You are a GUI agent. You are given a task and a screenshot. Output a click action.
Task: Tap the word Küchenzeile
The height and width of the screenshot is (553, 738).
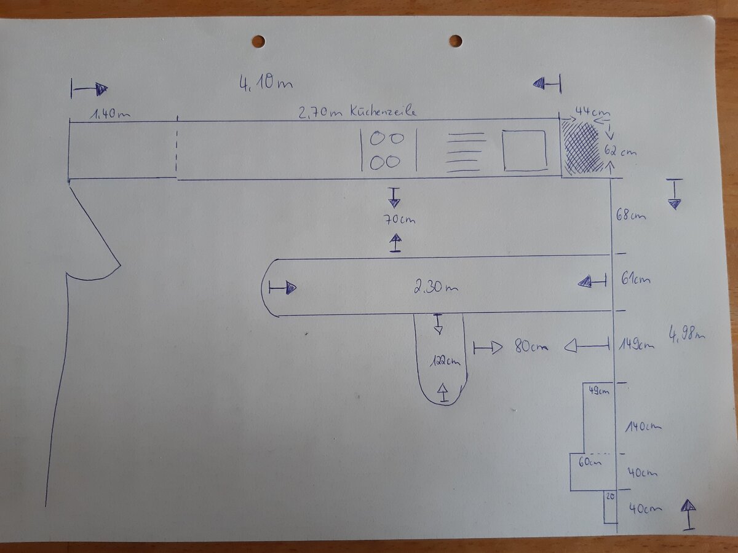pyautogui.click(x=383, y=111)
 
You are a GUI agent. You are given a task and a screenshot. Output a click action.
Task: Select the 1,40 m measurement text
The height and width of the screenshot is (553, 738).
pyautogui.click(x=110, y=114)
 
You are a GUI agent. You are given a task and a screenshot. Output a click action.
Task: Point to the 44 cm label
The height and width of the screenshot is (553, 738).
pyautogui.click(x=592, y=111)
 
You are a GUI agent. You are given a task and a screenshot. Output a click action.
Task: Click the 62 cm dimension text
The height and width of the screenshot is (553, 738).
pyautogui.click(x=621, y=151)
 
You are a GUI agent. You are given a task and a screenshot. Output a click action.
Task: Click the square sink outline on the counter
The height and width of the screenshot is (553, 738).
pyautogui.click(x=525, y=151)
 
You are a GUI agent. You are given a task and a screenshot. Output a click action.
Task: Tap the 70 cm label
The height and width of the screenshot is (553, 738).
pyautogui.click(x=399, y=219)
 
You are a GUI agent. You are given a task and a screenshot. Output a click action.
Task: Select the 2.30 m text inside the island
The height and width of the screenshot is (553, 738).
pyautogui.click(x=435, y=288)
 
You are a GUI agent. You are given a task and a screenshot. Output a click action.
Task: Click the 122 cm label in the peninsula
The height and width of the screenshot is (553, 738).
pyautogui.click(x=445, y=361)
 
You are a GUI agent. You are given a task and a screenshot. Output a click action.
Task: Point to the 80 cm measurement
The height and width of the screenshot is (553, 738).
pyautogui.click(x=531, y=346)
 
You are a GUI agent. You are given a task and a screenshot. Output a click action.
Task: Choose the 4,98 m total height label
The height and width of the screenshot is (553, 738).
pyautogui.click(x=686, y=334)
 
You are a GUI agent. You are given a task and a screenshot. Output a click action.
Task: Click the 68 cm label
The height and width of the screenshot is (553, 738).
pyautogui.click(x=630, y=214)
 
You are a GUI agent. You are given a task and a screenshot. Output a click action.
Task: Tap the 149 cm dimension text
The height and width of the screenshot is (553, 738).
pyautogui.click(x=637, y=345)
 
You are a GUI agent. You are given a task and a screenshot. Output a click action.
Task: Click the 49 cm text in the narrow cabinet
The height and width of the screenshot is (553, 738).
pyautogui.click(x=599, y=391)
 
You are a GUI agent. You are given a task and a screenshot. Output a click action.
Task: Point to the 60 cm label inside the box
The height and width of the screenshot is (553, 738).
pyautogui.click(x=590, y=462)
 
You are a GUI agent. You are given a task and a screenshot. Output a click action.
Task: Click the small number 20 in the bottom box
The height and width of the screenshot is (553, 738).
pyautogui.click(x=610, y=496)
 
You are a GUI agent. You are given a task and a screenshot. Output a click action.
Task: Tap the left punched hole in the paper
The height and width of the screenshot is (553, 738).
pyautogui.click(x=258, y=42)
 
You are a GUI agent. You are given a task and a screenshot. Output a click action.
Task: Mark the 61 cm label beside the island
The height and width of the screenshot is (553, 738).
pyautogui.click(x=635, y=279)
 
